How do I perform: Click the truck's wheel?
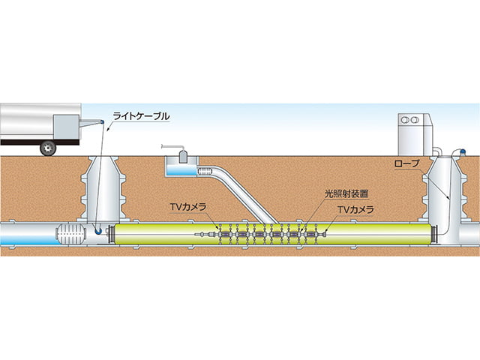pos(49,148)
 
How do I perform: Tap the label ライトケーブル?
pos(141,116)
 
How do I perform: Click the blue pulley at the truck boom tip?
pos(100,121)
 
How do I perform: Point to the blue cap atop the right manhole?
pos(462,152)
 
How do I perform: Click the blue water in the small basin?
pos(178,172)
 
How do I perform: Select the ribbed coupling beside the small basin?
pos(206,172)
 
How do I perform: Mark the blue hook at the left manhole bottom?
pos(99,232)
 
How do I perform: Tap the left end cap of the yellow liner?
pos(112,234)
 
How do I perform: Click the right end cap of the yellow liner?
pos(435,234)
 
